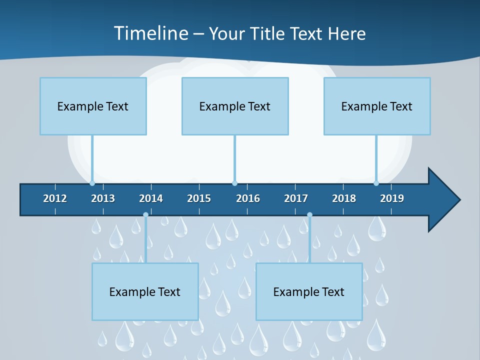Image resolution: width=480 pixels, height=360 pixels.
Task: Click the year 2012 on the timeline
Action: [x=55, y=198]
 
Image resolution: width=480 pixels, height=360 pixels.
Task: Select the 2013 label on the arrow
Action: [x=103, y=198]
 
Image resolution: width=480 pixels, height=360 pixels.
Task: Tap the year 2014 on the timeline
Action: [x=151, y=198]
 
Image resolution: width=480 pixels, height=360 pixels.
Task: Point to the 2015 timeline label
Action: [x=199, y=198]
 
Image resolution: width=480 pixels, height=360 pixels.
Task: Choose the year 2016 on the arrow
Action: [x=248, y=198]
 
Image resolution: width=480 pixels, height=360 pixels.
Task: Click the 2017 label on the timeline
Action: [x=296, y=198]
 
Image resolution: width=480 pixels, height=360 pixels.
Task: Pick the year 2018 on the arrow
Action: [x=344, y=198]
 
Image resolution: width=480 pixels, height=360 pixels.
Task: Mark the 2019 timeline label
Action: [x=392, y=198]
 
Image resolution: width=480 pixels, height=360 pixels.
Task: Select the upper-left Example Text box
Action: [x=93, y=106]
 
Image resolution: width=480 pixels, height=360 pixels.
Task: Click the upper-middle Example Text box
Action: [x=235, y=106]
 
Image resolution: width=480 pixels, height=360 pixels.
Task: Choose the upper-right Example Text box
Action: [x=377, y=106]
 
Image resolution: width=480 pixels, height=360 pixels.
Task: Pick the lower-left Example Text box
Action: [x=145, y=292]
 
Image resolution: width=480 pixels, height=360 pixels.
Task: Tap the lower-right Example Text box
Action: [x=309, y=292]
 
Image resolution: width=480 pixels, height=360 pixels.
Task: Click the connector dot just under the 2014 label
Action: [x=145, y=215]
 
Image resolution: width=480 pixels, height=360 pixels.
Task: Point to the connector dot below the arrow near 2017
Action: [x=309, y=215]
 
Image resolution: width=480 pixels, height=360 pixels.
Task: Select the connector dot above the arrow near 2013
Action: [x=92, y=183]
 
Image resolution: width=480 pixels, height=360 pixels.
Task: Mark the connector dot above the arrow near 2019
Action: [x=376, y=183]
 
